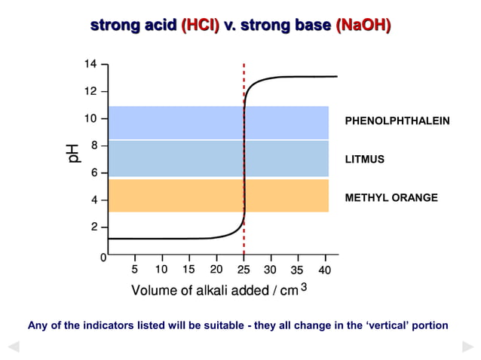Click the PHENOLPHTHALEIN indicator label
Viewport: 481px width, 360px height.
[397, 121]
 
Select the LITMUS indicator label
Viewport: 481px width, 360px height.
[364, 160]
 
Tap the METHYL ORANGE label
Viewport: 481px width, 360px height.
[391, 198]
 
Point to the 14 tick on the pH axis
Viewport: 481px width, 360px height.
[90, 65]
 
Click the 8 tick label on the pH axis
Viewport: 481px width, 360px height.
[93, 145]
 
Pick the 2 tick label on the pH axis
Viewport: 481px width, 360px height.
[93, 227]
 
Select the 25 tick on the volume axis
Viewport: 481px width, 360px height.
[244, 270]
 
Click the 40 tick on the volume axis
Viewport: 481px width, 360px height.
[325, 270]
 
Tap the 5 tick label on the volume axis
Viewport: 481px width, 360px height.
[135, 270]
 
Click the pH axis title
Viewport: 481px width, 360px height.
[74, 152]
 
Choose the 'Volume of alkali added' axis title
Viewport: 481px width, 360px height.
[215, 291]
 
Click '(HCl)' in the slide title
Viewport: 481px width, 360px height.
[200, 26]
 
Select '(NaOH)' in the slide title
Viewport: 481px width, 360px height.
[363, 26]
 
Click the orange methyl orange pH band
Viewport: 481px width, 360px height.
[219, 195]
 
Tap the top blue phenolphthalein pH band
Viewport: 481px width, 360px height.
[219, 123]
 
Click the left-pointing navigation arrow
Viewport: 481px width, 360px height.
[13, 346]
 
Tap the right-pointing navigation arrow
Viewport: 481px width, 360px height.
[467, 346]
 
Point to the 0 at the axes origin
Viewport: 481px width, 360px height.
[103, 258]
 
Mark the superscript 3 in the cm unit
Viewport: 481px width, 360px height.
[304, 286]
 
